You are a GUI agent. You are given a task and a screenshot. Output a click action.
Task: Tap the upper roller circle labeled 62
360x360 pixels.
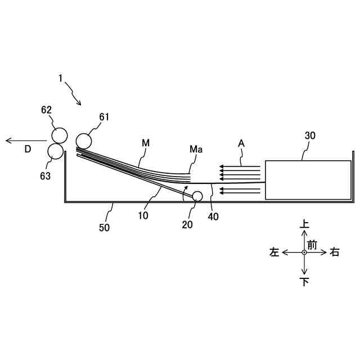pyautogui.click(x=58, y=135)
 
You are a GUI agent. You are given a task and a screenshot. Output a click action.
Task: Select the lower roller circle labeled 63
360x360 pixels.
pyautogui.click(x=55, y=150)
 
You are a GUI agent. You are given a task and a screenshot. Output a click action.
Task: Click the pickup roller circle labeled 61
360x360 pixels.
pyautogui.click(x=84, y=140)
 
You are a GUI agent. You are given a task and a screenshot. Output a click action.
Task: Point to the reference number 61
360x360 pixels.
pyautogui.click(x=103, y=117)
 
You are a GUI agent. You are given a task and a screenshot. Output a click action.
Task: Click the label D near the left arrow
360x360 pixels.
pyautogui.click(x=28, y=149)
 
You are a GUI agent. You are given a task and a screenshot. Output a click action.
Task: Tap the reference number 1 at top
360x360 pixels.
pyautogui.click(x=60, y=79)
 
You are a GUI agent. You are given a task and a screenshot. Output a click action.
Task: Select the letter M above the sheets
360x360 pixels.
pyautogui.click(x=146, y=143)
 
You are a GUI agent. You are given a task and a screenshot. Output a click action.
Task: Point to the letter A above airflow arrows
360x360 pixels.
pyautogui.click(x=241, y=143)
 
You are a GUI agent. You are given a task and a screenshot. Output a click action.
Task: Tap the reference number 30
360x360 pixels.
pyautogui.click(x=310, y=136)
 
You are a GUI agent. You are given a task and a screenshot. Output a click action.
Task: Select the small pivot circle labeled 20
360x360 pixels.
pyautogui.click(x=197, y=196)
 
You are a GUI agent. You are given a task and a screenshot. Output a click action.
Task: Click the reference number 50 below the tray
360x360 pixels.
pyautogui.click(x=105, y=227)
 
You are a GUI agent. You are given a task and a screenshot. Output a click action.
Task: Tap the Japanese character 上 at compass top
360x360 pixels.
pyautogui.click(x=304, y=224)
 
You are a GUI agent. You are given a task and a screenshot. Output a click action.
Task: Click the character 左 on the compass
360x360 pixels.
pyautogui.click(x=274, y=253)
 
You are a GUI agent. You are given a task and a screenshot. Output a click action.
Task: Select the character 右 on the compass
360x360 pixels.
pyautogui.click(x=334, y=253)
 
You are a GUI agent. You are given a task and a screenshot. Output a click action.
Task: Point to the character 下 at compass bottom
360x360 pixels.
pyautogui.click(x=304, y=282)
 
